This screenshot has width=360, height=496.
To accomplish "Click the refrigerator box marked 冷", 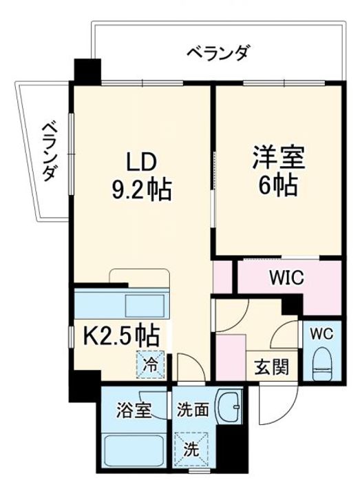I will pos(150,364).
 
